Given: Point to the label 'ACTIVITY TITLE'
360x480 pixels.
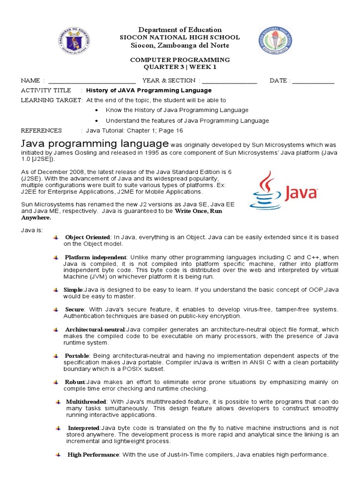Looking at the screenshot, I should click(x=46, y=90).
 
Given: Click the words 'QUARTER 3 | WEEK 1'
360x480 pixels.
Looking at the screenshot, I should click(x=180, y=67).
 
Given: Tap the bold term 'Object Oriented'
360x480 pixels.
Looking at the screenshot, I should click(x=88, y=237).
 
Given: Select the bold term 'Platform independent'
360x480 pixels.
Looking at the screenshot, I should click(x=96, y=257).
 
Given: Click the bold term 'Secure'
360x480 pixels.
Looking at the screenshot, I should click(x=75, y=309).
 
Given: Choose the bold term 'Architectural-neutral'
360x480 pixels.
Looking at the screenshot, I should click(x=95, y=330).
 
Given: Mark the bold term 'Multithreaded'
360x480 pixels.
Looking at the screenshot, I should click(x=86, y=402).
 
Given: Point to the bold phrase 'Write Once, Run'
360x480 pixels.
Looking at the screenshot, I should click(x=198, y=211).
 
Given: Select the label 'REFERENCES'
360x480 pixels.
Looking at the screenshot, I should click(x=41, y=130).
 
